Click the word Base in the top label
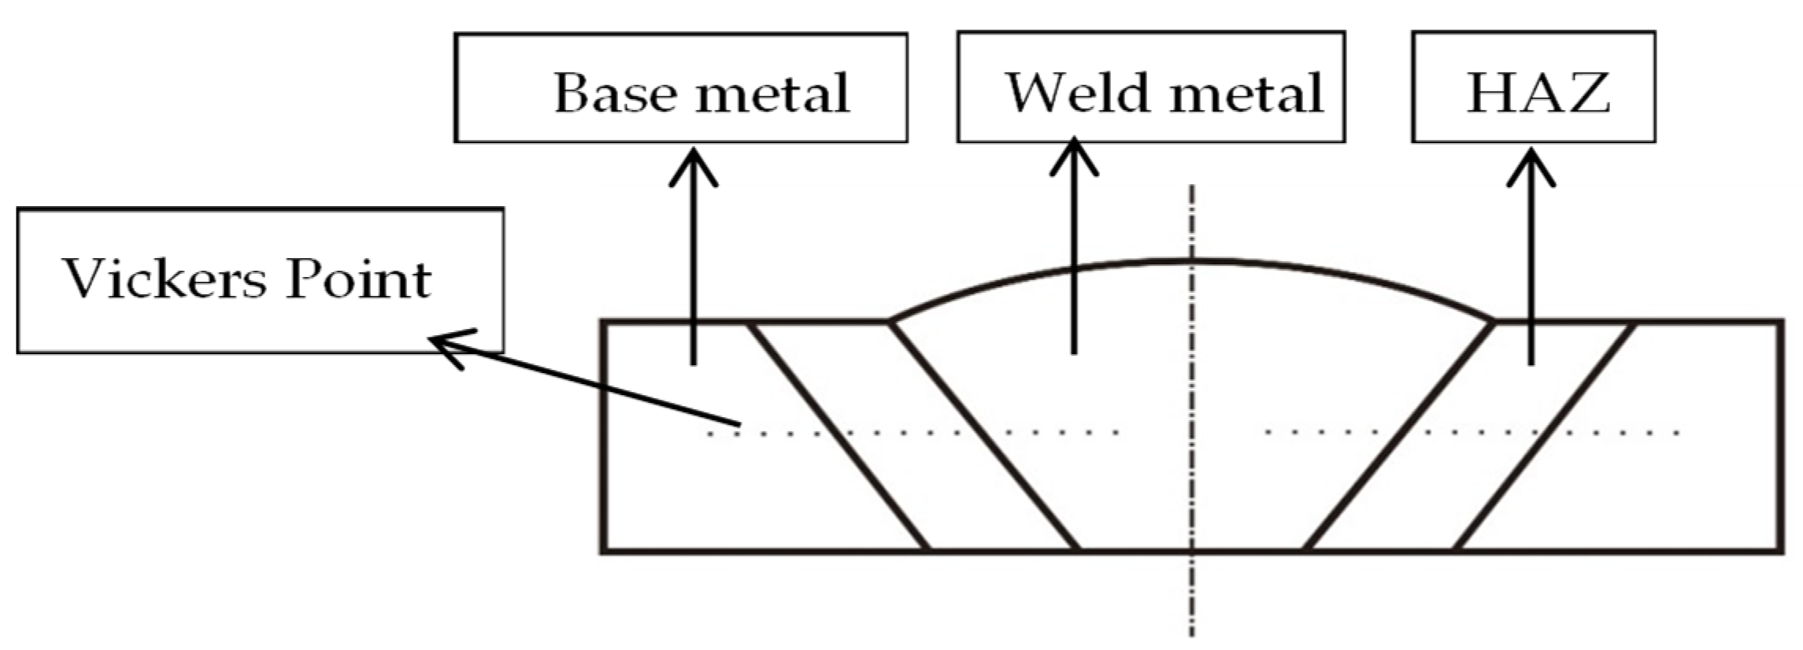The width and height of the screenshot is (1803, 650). tap(615, 93)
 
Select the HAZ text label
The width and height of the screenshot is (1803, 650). tap(1538, 93)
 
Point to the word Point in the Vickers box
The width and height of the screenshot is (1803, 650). tap(358, 279)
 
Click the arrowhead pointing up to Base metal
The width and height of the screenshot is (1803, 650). tap(693, 157)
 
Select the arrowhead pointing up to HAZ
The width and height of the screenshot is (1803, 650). tap(1531, 157)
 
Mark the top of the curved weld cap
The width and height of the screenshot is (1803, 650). tap(1192, 260)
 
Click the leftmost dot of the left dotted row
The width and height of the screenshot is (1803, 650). tap(709, 434)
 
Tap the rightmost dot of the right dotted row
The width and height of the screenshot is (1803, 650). tap(1678, 433)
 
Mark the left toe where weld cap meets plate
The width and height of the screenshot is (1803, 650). tap(890, 321)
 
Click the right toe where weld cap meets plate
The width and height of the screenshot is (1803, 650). tap(1493, 321)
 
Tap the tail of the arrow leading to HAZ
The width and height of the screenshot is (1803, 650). tap(1531, 364)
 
